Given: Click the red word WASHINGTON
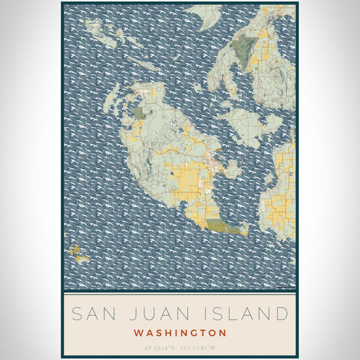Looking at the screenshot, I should point(180,332).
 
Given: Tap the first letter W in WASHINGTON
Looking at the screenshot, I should point(139,332).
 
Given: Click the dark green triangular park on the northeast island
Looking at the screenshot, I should point(245,46).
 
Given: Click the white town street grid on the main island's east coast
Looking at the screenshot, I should point(211,161).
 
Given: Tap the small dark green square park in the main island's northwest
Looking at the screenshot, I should point(139,112).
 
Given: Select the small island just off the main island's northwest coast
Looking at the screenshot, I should point(111,100).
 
